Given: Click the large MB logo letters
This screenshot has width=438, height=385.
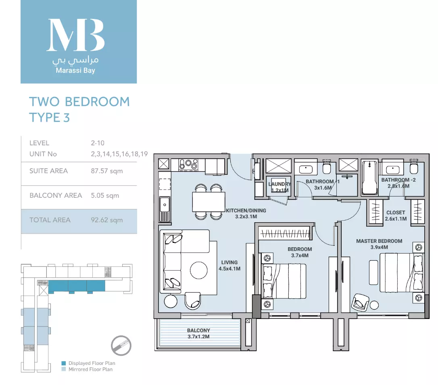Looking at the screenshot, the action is click(75, 35).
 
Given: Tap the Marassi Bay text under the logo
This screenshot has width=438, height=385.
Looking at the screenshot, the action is click(75, 70).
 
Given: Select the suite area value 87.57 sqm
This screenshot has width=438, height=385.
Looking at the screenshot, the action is click(107, 171).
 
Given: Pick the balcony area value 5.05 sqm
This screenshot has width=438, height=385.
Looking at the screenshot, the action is click(105, 195).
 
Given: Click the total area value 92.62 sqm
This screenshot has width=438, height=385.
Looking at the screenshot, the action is click(107, 220).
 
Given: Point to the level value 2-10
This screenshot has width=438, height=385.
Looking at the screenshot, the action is click(98, 143).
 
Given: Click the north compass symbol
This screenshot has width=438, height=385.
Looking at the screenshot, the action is click(121, 346).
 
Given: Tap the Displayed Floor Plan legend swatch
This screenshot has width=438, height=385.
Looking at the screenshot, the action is click(64, 363).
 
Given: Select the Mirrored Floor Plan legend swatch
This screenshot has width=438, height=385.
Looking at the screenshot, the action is click(64, 369).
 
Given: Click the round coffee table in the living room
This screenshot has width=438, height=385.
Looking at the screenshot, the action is click(198, 270).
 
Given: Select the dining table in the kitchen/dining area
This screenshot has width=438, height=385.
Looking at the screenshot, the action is click(209, 202).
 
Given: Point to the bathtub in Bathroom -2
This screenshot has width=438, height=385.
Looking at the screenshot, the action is click(369, 178).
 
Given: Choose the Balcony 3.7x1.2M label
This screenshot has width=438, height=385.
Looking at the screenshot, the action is click(198, 333).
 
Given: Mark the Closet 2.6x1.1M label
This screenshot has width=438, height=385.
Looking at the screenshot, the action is click(396, 215).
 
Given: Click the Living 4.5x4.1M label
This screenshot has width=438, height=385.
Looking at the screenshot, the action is click(229, 266).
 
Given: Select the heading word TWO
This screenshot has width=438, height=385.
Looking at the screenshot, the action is click(44, 102).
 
